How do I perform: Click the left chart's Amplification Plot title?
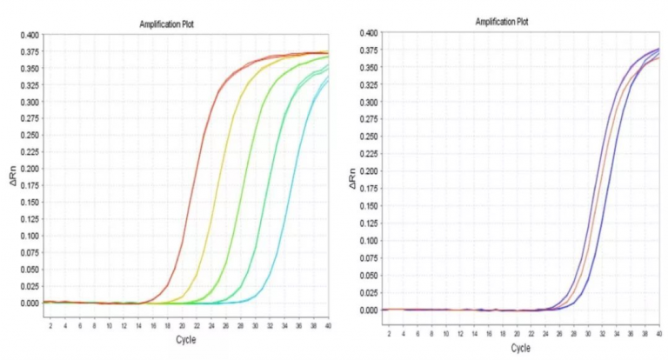166,23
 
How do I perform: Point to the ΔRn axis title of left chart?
11,179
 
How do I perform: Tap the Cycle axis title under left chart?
185,339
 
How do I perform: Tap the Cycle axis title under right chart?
520,348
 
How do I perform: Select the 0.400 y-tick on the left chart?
30,36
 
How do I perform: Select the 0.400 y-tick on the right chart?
368,33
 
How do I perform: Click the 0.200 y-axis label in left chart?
30,170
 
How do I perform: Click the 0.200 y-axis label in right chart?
368,171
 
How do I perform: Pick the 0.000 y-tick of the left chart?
30,303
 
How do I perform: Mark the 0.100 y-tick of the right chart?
368,241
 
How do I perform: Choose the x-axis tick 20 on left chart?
181,325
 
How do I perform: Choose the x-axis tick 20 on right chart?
517,333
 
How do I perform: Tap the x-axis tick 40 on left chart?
328,325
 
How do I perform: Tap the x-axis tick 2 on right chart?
389,333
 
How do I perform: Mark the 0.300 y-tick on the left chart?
30,103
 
